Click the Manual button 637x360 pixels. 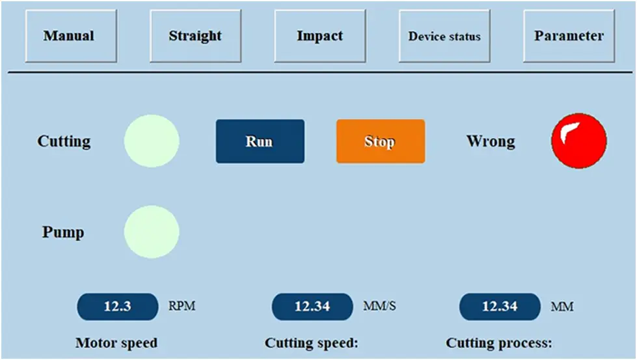[x=71, y=36]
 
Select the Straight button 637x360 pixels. [x=195, y=36]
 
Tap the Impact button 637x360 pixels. [x=319, y=36]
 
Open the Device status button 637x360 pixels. [x=444, y=36]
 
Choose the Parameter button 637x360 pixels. [x=569, y=36]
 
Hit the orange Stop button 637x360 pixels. [x=381, y=141]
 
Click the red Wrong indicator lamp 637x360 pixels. [x=579, y=141]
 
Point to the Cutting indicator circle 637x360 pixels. [x=152, y=141]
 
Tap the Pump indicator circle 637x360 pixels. [x=152, y=232]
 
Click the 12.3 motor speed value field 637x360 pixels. [x=117, y=307]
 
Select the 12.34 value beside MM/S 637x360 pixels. [x=312, y=307]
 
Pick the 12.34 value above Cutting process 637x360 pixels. [x=500, y=307]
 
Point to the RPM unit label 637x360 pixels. [x=182, y=305]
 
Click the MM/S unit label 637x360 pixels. [x=379, y=305]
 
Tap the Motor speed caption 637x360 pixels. [x=116, y=343]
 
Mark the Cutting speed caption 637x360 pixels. [x=312, y=343]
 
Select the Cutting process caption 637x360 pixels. [x=499, y=343]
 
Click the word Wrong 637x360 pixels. [x=491, y=142]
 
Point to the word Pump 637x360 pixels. [x=63, y=232]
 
